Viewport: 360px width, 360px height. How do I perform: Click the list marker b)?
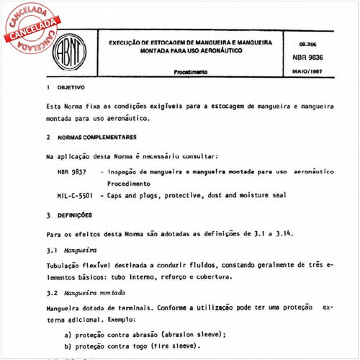click(69, 346)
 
